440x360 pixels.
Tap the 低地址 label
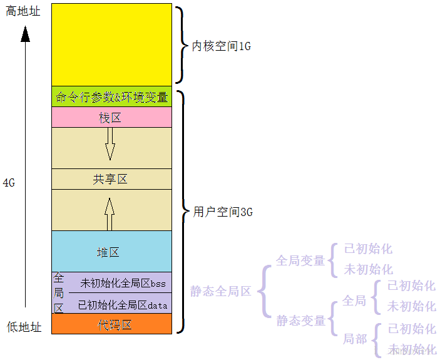(x=24, y=327)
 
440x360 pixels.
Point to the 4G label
(x=9, y=183)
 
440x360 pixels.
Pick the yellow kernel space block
(x=111, y=44)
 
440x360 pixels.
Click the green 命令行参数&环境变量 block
(x=111, y=97)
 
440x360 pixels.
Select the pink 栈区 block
(x=111, y=118)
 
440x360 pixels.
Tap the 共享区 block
(x=111, y=179)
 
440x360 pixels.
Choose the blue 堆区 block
(x=108, y=252)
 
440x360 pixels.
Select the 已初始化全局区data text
(x=123, y=305)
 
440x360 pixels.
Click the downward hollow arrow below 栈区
(x=110, y=143)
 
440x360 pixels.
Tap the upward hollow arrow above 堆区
(x=110, y=214)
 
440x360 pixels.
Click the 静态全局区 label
(x=220, y=291)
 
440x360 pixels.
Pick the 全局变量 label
(x=300, y=260)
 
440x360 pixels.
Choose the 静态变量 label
(x=301, y=321)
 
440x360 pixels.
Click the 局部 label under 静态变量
(x=354, y=339)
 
